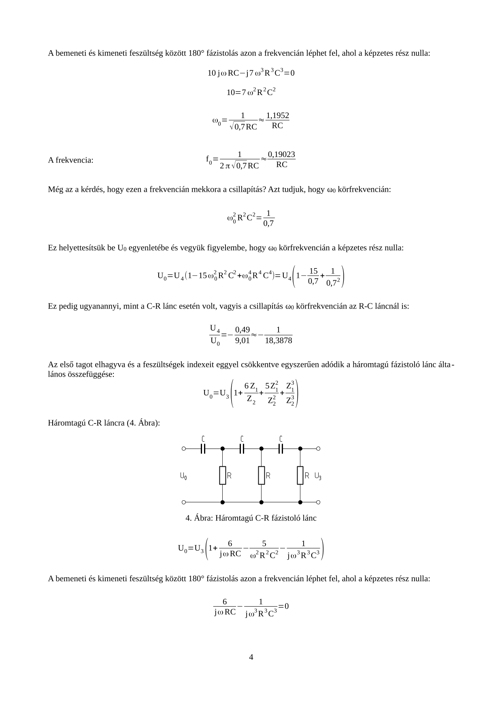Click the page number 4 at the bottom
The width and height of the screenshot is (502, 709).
coord(251,657)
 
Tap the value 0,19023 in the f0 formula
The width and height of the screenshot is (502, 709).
coord(281,154)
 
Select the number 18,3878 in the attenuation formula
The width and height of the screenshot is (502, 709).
coord(279,341)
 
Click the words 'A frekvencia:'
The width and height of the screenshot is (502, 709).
coord(71,160)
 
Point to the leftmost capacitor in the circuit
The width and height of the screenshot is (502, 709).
coord(203,449)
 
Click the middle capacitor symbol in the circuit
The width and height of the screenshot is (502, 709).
coord(242,449)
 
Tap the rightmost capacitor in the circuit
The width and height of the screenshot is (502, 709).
coord(281,449)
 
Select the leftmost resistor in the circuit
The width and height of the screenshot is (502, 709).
coord(223,475)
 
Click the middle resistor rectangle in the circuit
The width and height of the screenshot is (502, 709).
coord(262,475)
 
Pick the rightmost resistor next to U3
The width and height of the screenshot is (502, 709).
coord(300,475)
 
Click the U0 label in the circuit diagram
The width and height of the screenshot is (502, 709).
coord(183,476)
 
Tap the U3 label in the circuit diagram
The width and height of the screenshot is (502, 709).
coord(318,476)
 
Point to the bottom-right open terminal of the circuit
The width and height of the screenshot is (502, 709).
coord(318,502)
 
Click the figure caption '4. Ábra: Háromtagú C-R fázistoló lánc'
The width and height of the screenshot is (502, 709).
coord(251,518)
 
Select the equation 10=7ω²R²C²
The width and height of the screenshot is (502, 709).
coord(251,92)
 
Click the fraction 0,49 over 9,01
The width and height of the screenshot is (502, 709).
coord(242,335)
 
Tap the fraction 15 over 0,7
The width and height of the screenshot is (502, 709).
coord(313,276)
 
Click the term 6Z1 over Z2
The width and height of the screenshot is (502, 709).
coord(251,393)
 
